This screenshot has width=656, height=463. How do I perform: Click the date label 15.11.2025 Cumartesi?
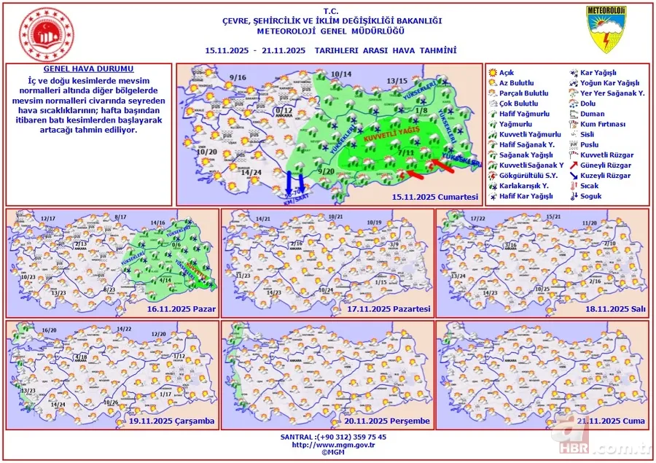(434, 197)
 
